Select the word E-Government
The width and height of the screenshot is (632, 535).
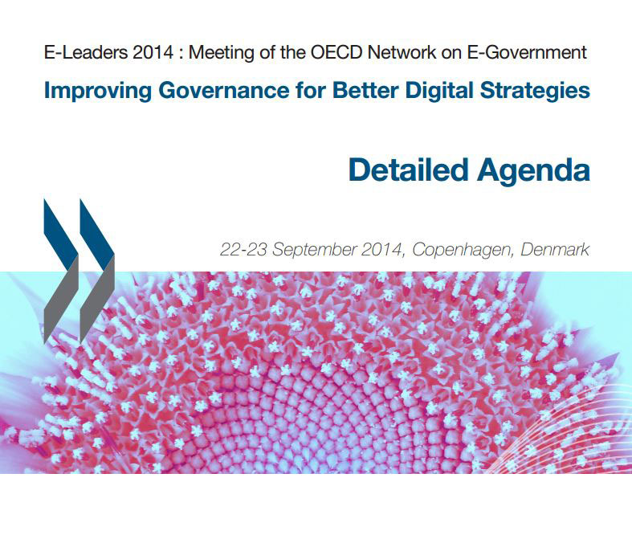[527, 53]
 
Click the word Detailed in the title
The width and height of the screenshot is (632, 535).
[409, 169]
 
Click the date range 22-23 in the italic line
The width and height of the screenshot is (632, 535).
[243, 250]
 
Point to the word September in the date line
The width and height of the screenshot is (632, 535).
[314, 251]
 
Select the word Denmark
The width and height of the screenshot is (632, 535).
[555, 250]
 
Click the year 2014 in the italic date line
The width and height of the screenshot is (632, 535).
[382, 250]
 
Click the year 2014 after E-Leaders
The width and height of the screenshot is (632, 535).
[153, 52]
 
